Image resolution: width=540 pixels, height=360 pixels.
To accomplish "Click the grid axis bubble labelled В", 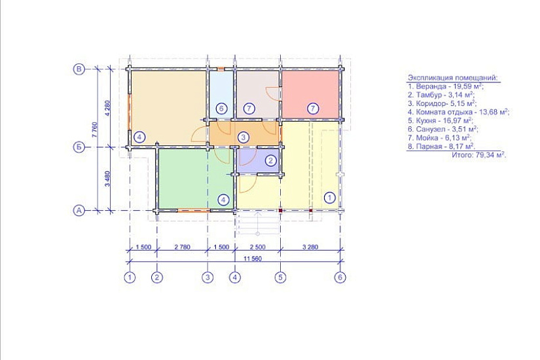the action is tap(79, 69).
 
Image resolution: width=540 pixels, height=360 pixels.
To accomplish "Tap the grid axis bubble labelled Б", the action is tap(79, 147).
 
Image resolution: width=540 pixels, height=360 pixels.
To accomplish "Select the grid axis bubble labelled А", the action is tap(79, 210).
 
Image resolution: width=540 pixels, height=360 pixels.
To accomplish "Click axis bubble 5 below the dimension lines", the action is tap(280, 278).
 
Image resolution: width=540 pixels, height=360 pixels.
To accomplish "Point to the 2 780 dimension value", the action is tap(182, 247).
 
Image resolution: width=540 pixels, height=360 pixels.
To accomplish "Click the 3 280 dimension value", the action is tap(310, 247).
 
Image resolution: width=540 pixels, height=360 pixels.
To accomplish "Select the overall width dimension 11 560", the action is tap(253, 259).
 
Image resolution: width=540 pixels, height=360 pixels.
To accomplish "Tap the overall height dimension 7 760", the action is tap(96, 130).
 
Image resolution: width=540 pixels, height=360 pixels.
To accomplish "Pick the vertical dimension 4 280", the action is tap(107, 108).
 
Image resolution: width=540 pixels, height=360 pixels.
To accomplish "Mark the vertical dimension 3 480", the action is tap(107, 179).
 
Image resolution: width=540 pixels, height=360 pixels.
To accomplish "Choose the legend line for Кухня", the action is tap(441, 121).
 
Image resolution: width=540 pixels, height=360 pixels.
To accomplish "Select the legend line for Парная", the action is tap(442, 147).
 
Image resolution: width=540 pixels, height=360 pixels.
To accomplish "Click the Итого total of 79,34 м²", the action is tap(479, 155).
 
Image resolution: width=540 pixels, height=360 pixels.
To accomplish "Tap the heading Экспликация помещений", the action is tap(452, 78).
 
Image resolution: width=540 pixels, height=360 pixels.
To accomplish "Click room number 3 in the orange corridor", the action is tap(243, 137).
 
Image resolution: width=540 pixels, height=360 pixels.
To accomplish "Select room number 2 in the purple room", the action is tap(271, 160).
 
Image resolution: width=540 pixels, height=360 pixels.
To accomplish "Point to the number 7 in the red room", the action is tap(313, 109).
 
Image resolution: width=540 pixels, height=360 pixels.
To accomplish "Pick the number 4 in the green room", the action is tap(223, 200).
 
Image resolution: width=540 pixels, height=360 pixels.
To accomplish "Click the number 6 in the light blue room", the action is tap(221, 109).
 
